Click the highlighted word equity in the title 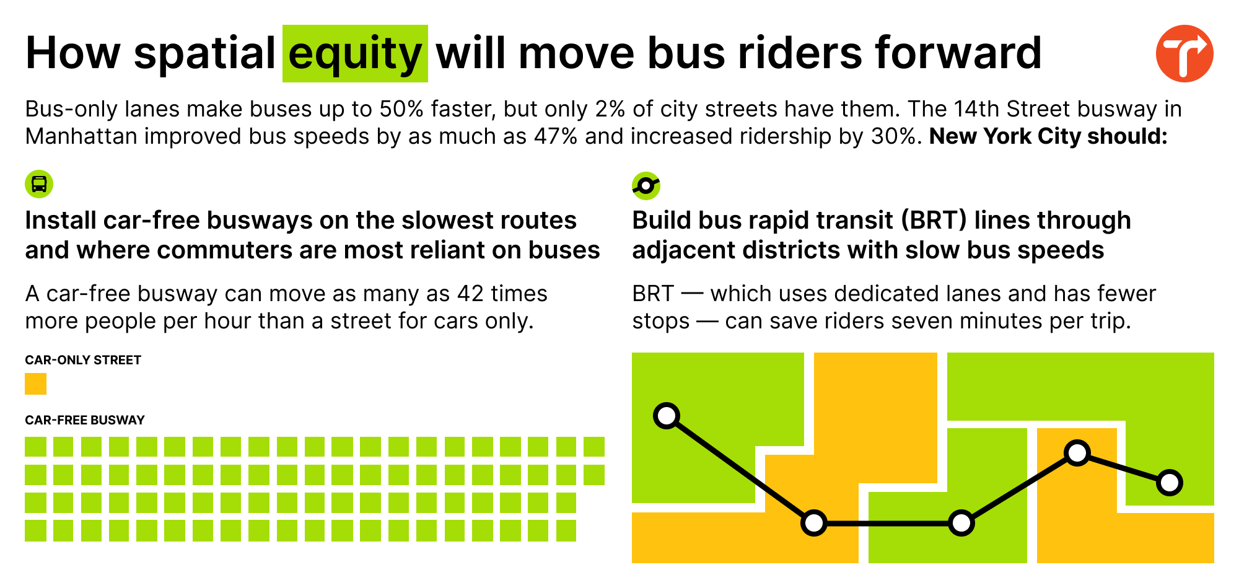[355, 54]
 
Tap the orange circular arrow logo [1184, 54]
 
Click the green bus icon [39, 184]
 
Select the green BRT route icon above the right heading [646, 185]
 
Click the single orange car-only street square [35, 384]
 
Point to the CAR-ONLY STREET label [83, 360]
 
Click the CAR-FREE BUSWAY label [85, 420]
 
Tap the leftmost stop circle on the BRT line [667, 415]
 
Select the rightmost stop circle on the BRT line [1170, 482]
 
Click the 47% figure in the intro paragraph [556, 136]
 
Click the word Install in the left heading [60, 221]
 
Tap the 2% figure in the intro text [610, 109]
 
